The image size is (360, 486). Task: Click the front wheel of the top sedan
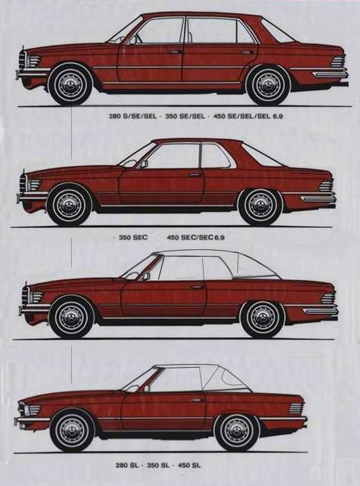pos(71,84)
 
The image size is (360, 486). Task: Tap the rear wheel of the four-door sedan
pos(269,85)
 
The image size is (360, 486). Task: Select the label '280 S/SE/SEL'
pos(132,117)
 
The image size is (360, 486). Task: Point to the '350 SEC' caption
pos(133,237)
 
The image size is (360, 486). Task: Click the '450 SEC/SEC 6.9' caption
pos(195,237)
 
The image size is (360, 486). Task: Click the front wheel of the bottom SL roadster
pos(72,431)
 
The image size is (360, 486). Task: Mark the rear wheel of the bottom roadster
pos(237,431)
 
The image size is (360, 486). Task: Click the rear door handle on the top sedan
pos(247,52)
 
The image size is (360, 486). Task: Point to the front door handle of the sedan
pos(174,52)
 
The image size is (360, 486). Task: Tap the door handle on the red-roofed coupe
pos(195,174)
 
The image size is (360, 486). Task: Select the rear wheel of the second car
pos(260,205)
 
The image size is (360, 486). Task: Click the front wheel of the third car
pos(71,317)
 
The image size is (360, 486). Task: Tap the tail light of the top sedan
pos(338,61)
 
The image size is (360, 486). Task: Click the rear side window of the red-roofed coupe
pos(214,156)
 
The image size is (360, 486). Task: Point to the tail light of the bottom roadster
pos(296,409)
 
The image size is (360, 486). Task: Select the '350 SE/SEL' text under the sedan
pos(185,116)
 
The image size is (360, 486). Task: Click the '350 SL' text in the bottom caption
pos(158,465)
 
